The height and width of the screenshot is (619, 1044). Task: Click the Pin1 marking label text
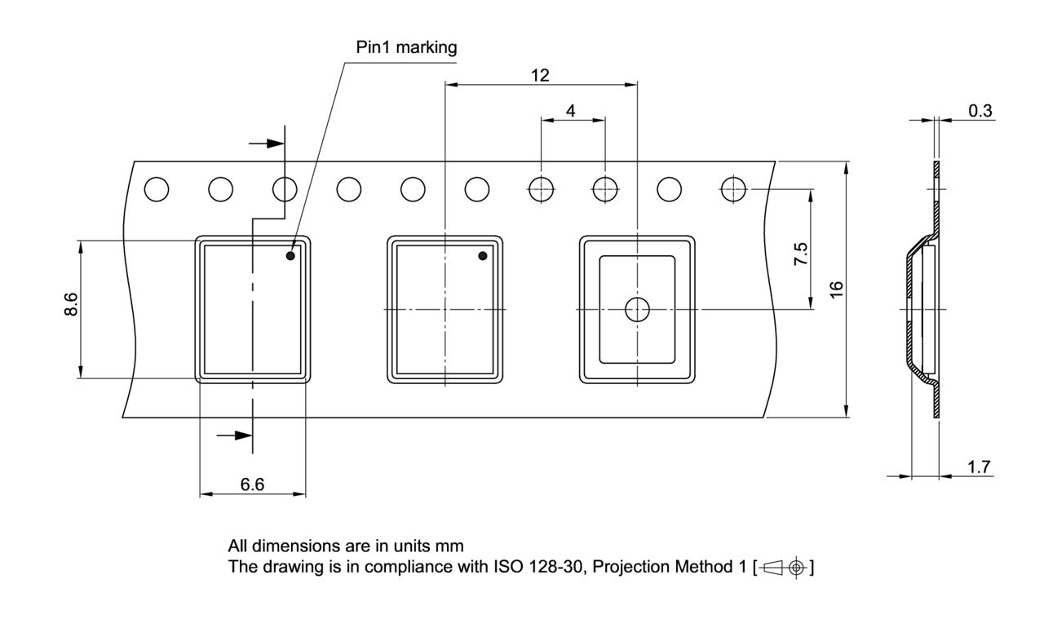[405, 48]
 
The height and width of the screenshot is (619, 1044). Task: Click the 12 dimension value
[540, 76]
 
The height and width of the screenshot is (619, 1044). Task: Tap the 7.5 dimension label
[801, 254]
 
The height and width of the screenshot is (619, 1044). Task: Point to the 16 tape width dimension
[837, 289]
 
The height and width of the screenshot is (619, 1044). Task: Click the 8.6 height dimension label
[71, 307]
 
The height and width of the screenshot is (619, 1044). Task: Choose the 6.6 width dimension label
[252, 485]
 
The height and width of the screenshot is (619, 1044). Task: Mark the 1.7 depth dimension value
[979, 467]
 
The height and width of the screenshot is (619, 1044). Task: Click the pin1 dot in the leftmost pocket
[290, 256]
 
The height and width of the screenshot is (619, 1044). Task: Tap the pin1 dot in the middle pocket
[482, 256]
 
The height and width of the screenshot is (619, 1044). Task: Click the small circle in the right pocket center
[636, 309]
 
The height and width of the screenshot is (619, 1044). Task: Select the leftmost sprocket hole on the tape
[156, 189]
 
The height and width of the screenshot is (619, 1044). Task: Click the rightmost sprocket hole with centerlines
[732, 189]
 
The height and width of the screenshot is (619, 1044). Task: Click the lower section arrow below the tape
[235, 435]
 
